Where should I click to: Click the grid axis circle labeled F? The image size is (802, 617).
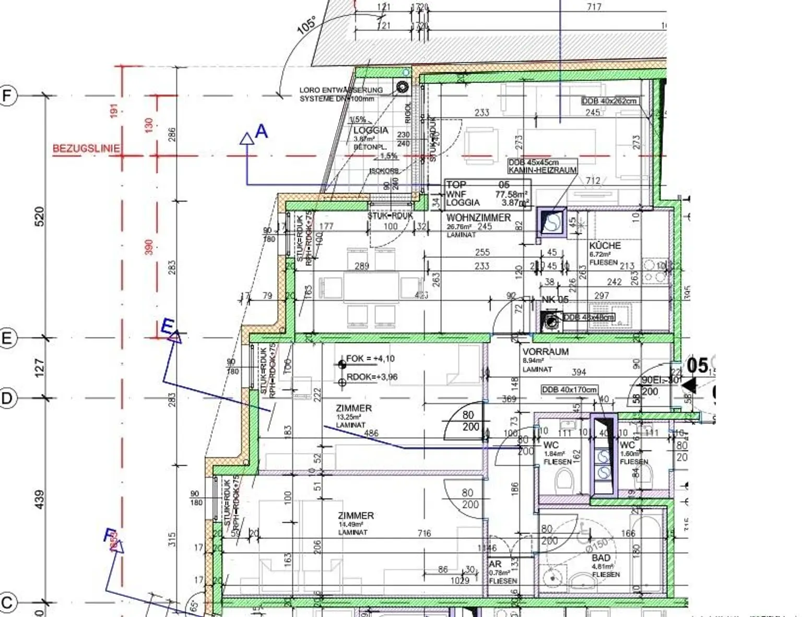click(x=8, y=96)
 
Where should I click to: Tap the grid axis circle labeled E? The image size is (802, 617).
click(x=7, y=338)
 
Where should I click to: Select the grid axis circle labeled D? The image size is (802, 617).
click(x=7, y=398)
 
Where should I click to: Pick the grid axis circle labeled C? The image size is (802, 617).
click(x=7, y=602)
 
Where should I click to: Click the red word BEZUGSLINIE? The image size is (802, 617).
click(x=86, y=149)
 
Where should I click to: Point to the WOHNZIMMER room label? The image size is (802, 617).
click(x=478, y=218)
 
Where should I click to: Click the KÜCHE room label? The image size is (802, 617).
click(x=605, y=245)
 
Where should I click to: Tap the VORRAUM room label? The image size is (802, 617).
click(x=545, y=352)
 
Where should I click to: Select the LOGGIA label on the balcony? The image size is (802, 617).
click(x=371, y=130)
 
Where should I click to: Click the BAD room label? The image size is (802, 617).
click(x=601, y=558)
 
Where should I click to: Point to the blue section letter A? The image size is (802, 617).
click(x=261, y=132)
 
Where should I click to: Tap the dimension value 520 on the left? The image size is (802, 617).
click(x=40, y=217)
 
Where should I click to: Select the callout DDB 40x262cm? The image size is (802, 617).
click(x=609, y=101)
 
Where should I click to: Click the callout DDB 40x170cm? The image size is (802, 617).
click(x=569, y=389)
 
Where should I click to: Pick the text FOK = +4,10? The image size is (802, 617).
click(x=370, y=359)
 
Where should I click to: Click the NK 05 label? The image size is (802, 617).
click(x=555, y=300)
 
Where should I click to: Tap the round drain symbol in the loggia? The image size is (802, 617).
click(x=402, y=87)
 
